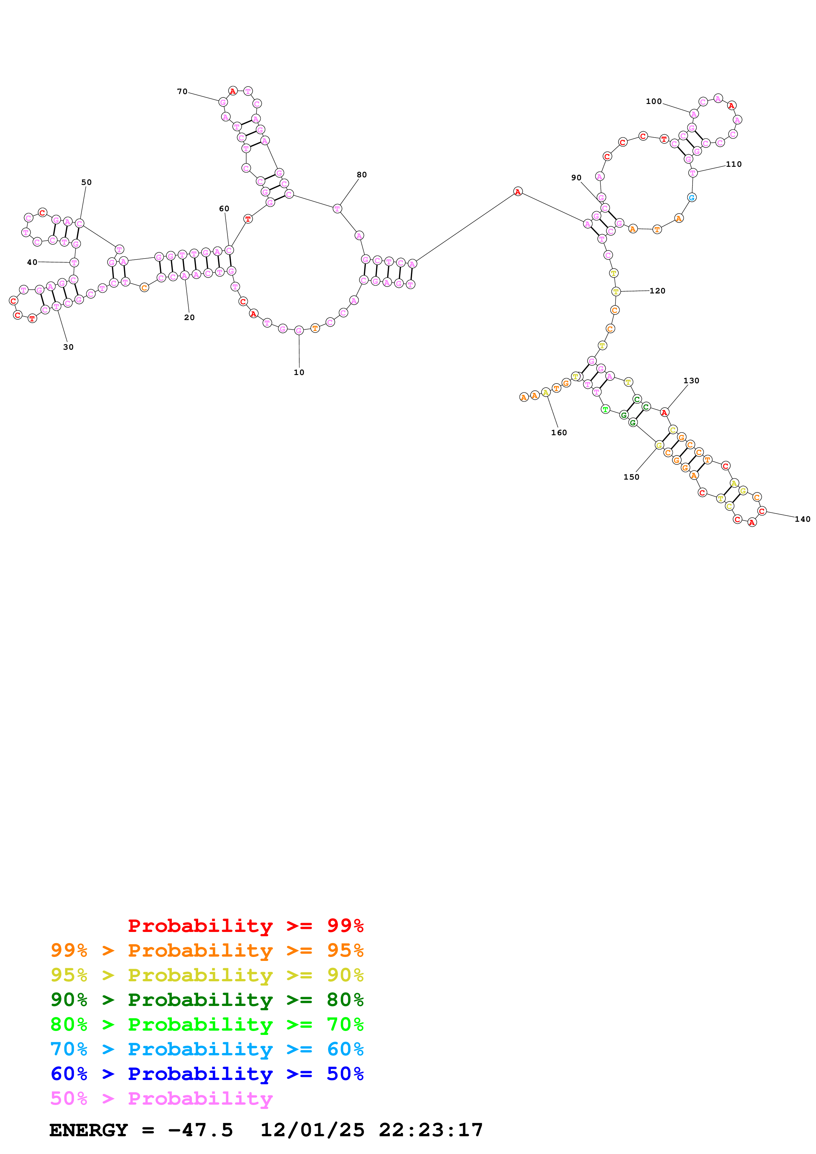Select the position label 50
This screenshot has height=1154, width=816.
tap(87, 183)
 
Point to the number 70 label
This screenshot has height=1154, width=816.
tap(182, 91)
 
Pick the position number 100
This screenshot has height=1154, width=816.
tap(654, 102)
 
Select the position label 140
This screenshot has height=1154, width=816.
tap(803, 519)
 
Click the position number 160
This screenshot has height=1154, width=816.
tap(559, 433)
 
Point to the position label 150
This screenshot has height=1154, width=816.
tap(631, 477)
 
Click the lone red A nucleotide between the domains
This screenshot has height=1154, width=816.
tap(518, 191)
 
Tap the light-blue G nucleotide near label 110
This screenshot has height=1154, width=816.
tap(692, 197)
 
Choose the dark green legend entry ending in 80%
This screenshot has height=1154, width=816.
tap(207, 1000)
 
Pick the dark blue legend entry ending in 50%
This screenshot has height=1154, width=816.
tap(207, 1074)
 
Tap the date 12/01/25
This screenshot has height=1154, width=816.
tap(312, 1130)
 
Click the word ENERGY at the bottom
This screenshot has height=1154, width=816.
tap(89, 1130)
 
